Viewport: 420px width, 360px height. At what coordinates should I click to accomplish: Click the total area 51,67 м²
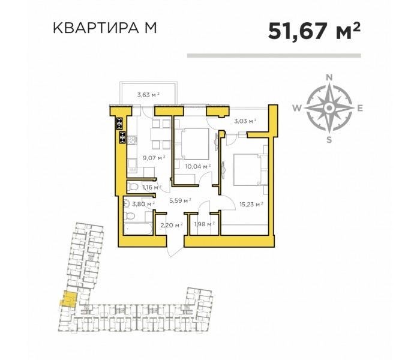click(x=314, y=30)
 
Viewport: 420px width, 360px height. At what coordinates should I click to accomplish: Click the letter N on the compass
click(x=329, y=77)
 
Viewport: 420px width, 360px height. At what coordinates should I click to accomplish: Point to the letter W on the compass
click(x=297, y=109)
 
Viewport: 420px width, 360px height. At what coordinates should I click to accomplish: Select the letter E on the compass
click(x=360, y=109)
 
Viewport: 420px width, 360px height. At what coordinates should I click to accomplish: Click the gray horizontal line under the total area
click(x=275, y=55)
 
